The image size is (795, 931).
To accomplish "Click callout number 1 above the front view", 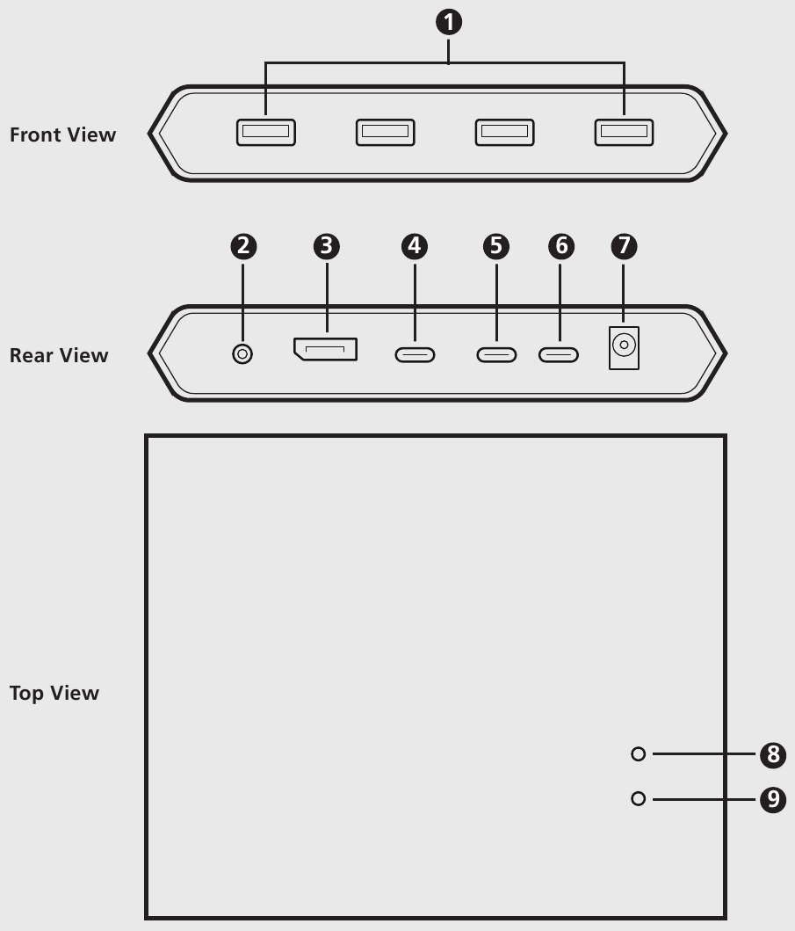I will pyautogui.click(x=449, y=24).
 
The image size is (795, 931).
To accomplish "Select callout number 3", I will pyautogui.click(x=326, y=247).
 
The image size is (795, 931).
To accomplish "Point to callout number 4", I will pyautogui.click(x=414, y=247).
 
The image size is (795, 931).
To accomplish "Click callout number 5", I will pyautogui.click(x=496, y=247).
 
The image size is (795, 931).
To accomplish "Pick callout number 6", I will pyautogui.click(x=560, y=247).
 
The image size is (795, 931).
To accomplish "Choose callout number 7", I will pyautogui.click(x=624, y=247).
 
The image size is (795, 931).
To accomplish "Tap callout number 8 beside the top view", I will pyautogui.click(x=771, y=754).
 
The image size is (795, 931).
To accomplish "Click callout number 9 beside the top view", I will pyautogui.click(x=771, y=799).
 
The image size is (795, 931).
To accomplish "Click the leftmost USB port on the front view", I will pyautogui.click(x=265, y=133).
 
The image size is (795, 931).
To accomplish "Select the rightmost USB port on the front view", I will pyautogui.click(x=624, y=133).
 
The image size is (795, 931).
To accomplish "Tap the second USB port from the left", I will pyautogui.click(x=385, y=133).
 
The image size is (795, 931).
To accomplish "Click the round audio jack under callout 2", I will pyautogui.click(x=242, y=353).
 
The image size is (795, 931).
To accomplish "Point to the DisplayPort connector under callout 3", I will pyautogui.click(x=326, y=350).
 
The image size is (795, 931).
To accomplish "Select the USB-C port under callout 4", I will pyautogui.click(x=415, y=355).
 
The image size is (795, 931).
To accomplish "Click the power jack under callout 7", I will pyautogui.click(x=624, y=346).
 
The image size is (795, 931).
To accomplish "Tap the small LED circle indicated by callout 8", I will pyautogui.click(x=639, y=754).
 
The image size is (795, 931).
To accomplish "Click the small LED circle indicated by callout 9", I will pyautogui.click(x=639, y=798).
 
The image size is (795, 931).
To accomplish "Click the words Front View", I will pyautogui.click(x=62, y=135).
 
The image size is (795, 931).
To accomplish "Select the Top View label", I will pyautogui.click(x=54, y=693).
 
